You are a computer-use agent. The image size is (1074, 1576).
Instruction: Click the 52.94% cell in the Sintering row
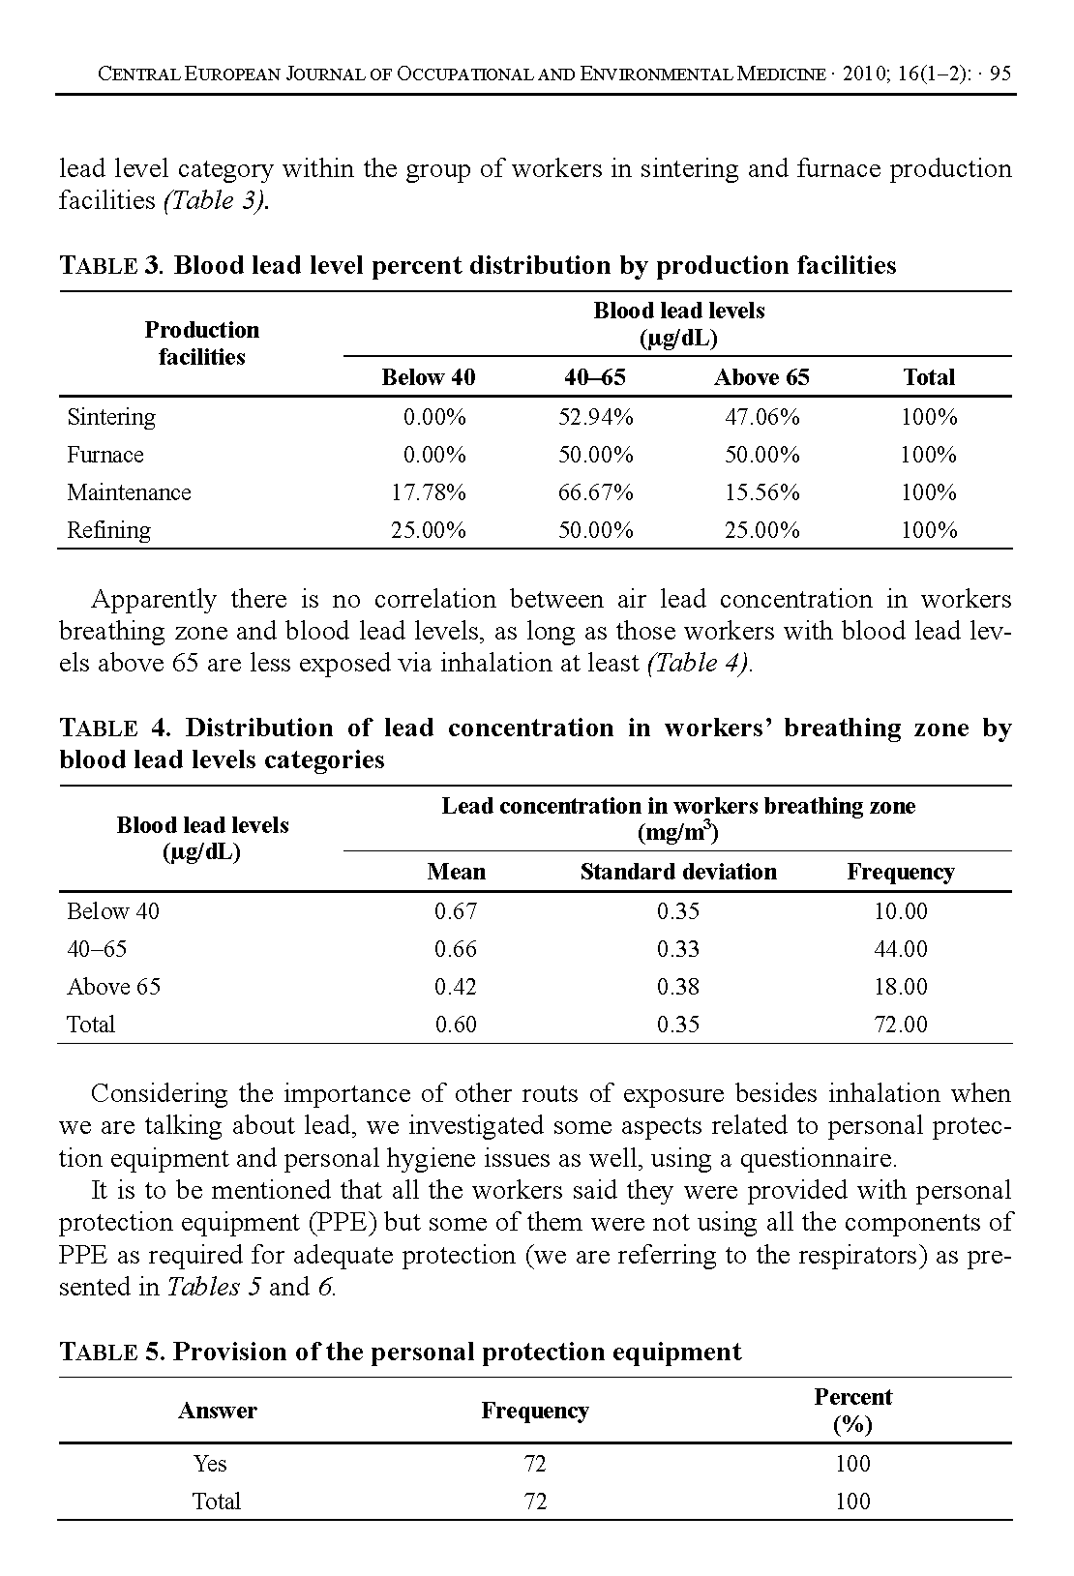pos(595,417)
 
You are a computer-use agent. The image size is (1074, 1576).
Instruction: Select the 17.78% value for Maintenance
pos(428,492)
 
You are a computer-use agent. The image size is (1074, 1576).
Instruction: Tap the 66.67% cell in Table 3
pos(595,492)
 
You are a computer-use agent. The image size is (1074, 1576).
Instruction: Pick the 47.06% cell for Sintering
pos(761,417)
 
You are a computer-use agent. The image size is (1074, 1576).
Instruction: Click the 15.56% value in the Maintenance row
pos(761,492)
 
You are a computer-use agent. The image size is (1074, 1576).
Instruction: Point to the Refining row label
pos(108,530)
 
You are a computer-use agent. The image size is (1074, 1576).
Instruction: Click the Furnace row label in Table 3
pos(104,455)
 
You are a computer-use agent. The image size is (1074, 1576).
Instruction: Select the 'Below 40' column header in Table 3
pos(428,377)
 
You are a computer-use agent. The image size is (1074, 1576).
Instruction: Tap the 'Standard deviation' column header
pos(677,872)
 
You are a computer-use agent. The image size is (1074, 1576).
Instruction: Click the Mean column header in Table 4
pos(456,872)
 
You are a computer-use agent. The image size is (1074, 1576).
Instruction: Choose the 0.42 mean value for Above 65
pos(455,987)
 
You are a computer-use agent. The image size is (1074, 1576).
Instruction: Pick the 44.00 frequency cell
pos(900,949)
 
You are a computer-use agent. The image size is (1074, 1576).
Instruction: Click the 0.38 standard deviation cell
pos(677,987)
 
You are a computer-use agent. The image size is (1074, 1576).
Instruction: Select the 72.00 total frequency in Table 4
pos(900,1025)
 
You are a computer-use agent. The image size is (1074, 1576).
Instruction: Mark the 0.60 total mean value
pos(455,1025)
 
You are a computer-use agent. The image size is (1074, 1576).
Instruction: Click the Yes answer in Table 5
pos(210,1464)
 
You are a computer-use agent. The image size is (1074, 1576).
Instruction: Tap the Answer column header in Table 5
pos(217,1411)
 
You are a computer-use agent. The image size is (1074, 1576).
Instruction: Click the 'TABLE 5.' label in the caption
pos(112,1352)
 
